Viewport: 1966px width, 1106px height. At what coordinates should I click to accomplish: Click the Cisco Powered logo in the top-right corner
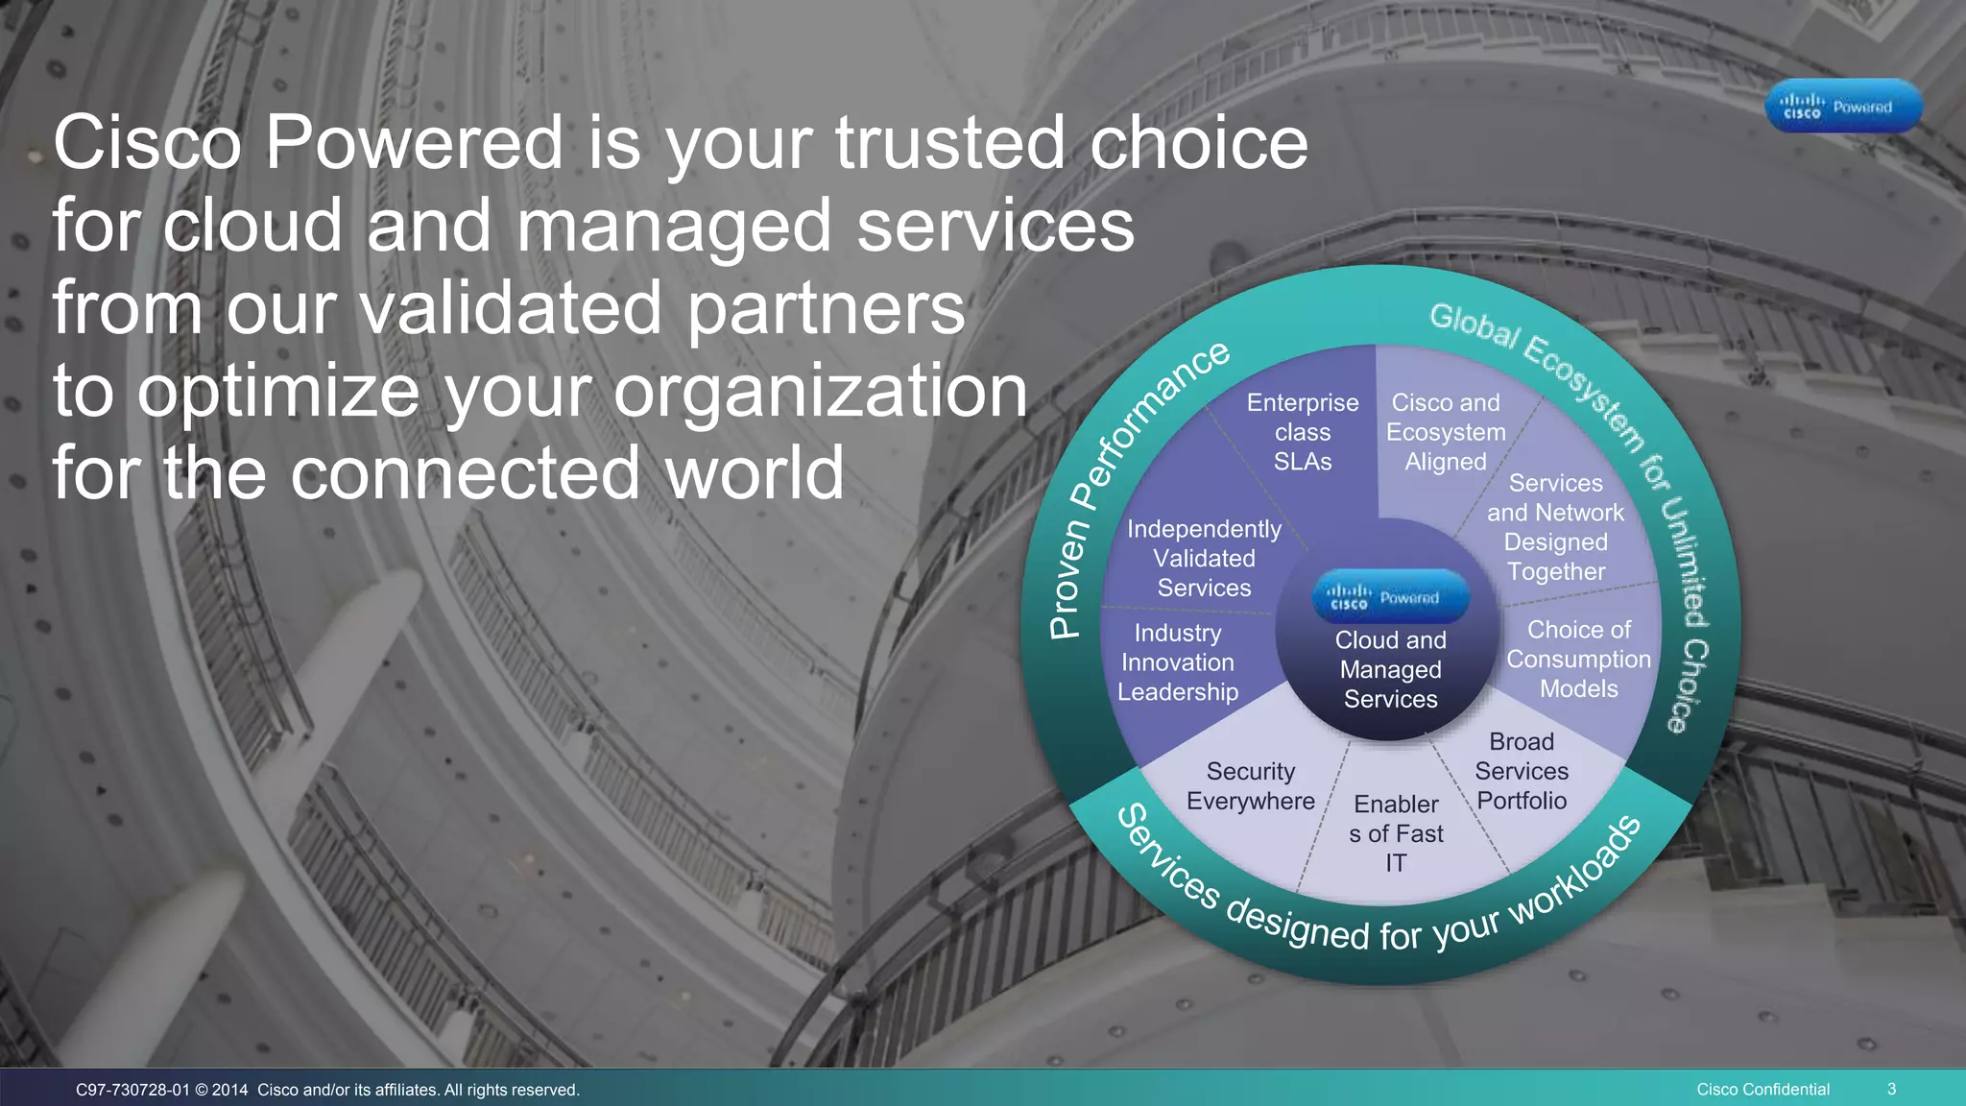[1843, 107]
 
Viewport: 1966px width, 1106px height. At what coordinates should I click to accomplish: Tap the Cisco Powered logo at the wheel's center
[1390, 597]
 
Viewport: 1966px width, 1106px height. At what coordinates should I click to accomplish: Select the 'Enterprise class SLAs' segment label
[1303, 432]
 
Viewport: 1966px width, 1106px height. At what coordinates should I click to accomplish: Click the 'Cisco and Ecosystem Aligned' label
[1446, 432]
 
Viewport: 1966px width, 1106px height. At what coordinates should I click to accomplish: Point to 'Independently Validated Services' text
[1204, 558]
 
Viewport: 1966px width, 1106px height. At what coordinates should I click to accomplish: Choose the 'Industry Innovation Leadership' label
[1178, 662]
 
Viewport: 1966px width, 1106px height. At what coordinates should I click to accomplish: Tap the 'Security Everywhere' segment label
[1251, 786]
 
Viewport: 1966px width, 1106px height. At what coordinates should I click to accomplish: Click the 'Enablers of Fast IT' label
[1396, 833]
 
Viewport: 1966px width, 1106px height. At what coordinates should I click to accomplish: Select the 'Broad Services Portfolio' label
[1522, 771]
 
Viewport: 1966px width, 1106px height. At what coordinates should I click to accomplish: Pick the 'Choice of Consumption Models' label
[1578, 659]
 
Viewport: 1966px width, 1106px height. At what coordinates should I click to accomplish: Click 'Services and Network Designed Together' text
[1555, 527]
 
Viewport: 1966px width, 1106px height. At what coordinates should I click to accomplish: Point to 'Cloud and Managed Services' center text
[1390, 669]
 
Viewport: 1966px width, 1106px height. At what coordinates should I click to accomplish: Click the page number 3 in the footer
[1891, 1089]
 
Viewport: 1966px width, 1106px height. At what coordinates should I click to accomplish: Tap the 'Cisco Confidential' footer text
[1762, 1089]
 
